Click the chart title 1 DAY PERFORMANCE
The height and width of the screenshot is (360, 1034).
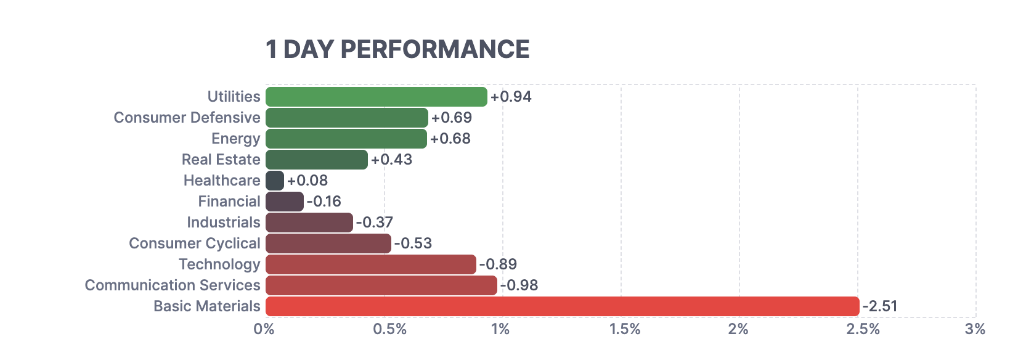pyautogui.click(x=397, y=50)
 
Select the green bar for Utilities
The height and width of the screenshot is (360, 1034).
pyautogui.click(x=377, y=97)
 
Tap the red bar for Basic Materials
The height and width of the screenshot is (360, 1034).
pyautogui.click(x=562, y=306)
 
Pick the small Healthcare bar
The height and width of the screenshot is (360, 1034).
pyautogui.click(x=275, y=181)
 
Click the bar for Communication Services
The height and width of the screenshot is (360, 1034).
pyautogui.click(x=381, y=285)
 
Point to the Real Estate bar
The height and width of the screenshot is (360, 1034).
pyautogui.click(x=317, y=160)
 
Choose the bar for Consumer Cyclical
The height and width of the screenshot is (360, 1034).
pyautogui.click(x=328, y=243)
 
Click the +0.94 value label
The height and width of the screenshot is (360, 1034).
pyautogui.click(x=511, y=97)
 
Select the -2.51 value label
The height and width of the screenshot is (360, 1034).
pyautogui.click(x=879, y=306)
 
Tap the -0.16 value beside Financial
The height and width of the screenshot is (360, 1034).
pyautogui.click(x=324, y=202)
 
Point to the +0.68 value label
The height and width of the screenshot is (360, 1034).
pyautogui.click(x=450, y=139)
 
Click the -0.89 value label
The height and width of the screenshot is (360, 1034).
pyautogui.click(x=498, y=264)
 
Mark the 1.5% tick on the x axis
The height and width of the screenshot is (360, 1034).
pyautogui.click(x=625, y=329)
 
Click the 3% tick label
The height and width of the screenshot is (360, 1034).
pyautogui.click(x=975, y=329)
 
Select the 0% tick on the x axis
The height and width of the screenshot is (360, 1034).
pyautogui.click(x=264, y=329)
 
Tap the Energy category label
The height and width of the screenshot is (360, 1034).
pyautogui.click(x=235, y=139)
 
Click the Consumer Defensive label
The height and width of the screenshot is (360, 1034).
pyautogui.click(x=187, y=118)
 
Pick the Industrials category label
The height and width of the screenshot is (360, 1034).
pyautogui.click(x=223, y=223)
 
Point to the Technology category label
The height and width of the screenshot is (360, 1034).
pyautogui.click(x=219, y=264)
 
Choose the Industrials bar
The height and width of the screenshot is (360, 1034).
pyautogui.click(x=309, y=223)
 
